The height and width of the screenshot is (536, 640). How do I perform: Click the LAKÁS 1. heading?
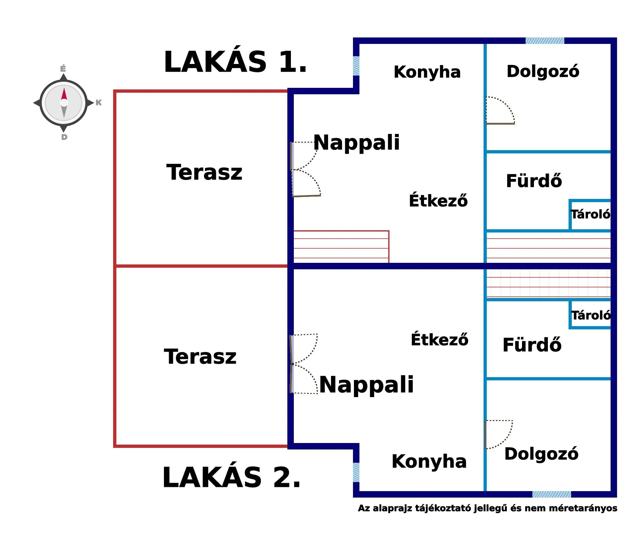(235, 62)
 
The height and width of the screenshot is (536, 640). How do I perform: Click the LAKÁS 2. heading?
(231, 478)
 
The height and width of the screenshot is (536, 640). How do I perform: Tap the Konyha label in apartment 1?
(427, 72)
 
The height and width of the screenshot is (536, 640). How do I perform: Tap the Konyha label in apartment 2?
(429, 461)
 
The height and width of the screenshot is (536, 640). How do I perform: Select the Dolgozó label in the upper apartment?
(543, 71)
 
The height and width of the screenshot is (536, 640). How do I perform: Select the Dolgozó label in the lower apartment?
(541, 454)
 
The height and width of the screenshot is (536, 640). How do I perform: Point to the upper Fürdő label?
(534, 181)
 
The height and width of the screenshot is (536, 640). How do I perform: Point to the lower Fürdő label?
(532, 345)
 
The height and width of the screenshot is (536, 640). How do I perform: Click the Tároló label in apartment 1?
(590, 214)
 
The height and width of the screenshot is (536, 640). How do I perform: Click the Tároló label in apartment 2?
(591, 315)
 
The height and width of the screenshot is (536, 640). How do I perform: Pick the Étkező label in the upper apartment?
(438, 201)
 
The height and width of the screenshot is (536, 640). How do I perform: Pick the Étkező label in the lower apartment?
(439, 340)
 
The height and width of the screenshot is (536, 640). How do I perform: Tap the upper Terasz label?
(204, 172)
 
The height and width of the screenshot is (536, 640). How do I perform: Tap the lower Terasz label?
(200, 357)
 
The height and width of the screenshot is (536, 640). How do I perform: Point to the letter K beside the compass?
(99, 103)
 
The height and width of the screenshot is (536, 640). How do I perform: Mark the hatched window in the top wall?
(545, 41)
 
